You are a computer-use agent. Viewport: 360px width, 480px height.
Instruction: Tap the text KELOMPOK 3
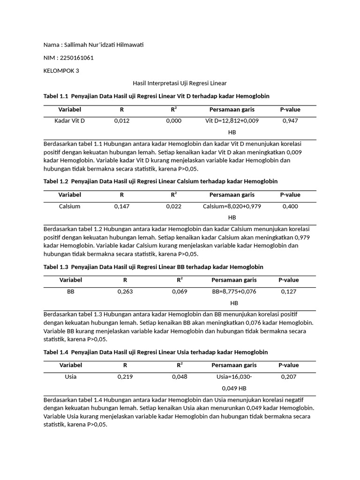[x=61, y=71]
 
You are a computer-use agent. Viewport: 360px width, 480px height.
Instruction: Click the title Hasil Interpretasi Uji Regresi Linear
[x=180, y=83]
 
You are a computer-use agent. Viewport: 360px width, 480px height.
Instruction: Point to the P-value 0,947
[x=290, y=121]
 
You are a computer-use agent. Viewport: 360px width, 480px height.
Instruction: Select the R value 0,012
[x=122, y=121]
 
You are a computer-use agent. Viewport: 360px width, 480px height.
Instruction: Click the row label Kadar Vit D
[x=70, y=121]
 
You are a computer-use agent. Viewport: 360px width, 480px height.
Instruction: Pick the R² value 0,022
[x=173, y=206]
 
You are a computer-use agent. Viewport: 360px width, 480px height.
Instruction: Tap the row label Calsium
[x=70, y=206]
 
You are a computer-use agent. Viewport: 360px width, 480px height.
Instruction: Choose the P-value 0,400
[x=290, y=206]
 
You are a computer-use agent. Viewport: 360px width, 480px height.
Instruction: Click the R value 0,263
[x=125, y=292]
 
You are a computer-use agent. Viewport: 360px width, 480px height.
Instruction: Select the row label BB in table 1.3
[x=71, y=292]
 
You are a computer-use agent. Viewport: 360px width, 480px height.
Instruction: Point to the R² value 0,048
[x=180, y=377]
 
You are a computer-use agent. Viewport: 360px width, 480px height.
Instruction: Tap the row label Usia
[x=71, y=377]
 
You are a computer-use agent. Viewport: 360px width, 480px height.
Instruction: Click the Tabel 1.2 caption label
[x=56, y=181]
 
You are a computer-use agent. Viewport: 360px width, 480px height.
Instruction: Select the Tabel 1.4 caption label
[x=56, y=352]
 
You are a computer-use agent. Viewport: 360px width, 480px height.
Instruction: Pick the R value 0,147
[x=122, y=206]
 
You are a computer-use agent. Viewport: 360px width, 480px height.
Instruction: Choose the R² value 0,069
[x=180, y=292]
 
